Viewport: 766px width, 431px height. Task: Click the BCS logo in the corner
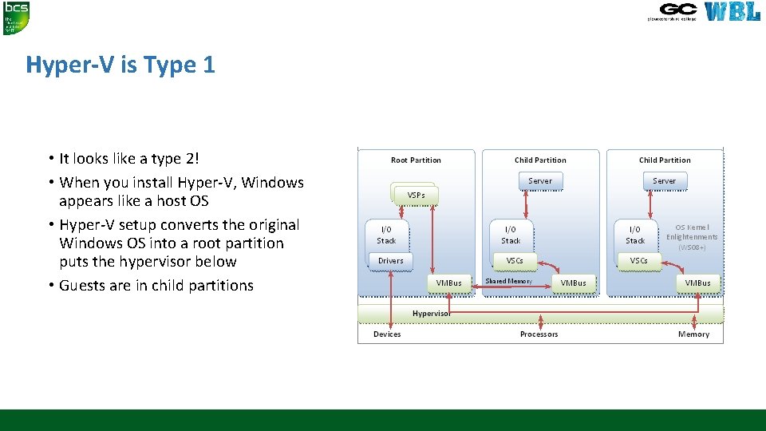point(15,17)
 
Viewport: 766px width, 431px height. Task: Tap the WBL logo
point(732,11)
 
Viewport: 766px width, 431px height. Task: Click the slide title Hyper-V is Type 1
point(120,65)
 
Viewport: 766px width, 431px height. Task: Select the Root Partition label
point(416,160)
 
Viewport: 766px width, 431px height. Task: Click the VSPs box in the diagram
point(416,194)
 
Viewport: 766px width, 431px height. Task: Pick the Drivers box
point(391,260)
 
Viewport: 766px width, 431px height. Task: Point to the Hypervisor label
point(431,313)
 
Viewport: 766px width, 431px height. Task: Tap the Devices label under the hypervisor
point(387,334)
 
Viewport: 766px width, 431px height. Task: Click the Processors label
point(539,334)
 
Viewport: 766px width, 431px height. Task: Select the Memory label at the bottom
point(693,334)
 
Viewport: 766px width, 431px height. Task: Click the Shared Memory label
point(508,281)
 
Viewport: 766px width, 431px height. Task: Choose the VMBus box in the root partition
point(448,283)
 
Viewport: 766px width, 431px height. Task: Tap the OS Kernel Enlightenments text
point(692,232)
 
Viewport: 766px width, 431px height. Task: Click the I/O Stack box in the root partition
point(386,235)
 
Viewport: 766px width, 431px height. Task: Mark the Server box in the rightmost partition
point(664,181)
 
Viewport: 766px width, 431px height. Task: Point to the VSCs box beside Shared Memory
point(515,260)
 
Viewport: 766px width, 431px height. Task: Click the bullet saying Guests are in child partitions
point(156,285)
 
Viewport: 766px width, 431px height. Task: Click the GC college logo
point(677,10)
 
